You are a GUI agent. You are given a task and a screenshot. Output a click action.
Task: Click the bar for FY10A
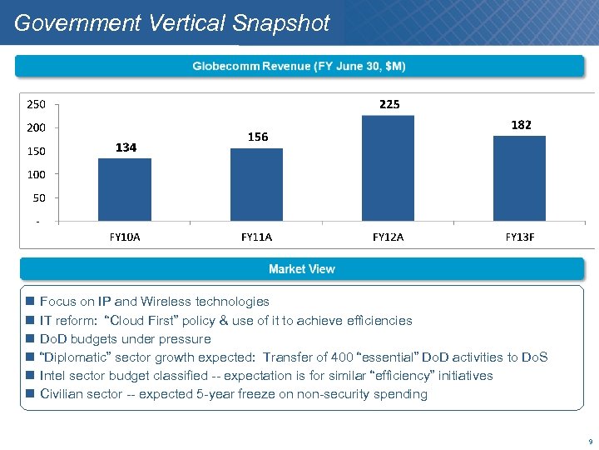coord(125,189)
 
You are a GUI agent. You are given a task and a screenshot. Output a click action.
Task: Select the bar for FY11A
coord(256,184)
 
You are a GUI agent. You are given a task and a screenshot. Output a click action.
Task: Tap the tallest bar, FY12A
coord(388,168)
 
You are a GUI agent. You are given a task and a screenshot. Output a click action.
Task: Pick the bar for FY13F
coord(519,178)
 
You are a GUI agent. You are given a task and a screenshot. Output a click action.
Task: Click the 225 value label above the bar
coord(389,104)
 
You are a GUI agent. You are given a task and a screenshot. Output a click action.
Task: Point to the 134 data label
coord(126,147)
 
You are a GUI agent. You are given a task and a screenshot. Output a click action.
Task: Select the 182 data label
coord(521,124)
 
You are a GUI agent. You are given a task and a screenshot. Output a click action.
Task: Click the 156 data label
coord(258,137)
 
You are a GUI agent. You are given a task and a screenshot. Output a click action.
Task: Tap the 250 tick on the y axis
coord(37,105)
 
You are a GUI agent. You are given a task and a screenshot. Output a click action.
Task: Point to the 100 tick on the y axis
coord(37,175)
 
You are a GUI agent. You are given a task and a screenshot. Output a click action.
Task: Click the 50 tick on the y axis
coord(39,198)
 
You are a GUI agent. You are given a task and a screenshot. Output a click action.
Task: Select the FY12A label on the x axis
coord(388,237)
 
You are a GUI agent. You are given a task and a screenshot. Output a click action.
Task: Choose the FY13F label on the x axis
coord(520,237)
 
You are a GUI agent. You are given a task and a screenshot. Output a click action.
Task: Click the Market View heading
coord(301,269)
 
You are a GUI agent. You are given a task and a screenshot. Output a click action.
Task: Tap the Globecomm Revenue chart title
coord(299,66)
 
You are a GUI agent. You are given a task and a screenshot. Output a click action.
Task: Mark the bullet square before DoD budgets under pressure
coord(29,339)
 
